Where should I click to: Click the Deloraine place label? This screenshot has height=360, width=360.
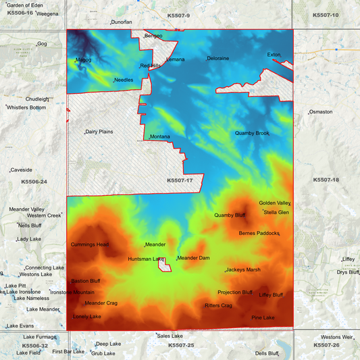(x=218, y=59)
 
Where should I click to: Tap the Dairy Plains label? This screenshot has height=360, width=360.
(x=99, y=132)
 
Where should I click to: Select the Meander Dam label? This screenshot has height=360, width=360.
(x=193, y=258)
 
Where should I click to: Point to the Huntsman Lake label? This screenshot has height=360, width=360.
(x=146, y=259)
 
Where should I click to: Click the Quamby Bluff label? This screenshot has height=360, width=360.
(x=230, y=215)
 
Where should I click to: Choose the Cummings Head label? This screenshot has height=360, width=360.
(x=89, y=245)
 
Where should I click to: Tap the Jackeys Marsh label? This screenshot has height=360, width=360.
(x=243, y=269)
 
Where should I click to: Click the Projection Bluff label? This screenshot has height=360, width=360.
(x=234, y=292)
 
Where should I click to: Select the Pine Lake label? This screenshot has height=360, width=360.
(x=263, y=317)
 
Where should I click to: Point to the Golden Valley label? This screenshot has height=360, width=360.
(x=274, y=203)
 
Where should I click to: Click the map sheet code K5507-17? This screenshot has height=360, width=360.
(x=180, y=180)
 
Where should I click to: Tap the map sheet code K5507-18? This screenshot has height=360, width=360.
(x=326, y=180)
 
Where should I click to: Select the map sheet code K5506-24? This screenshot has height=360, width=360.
(x=34, y=182)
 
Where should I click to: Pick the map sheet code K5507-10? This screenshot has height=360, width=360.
(x=326, y=15)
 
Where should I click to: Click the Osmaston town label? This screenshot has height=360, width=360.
(x=320, y=111)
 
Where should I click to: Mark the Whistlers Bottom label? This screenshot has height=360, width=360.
(x=27, y=107)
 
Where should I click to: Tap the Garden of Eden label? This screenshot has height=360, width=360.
(x=24, y=5)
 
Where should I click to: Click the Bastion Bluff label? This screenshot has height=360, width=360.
(x=86, y=281)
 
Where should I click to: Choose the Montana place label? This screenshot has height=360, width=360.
(x=160, y=137)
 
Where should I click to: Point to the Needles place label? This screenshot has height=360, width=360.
(x=124, y=80)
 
